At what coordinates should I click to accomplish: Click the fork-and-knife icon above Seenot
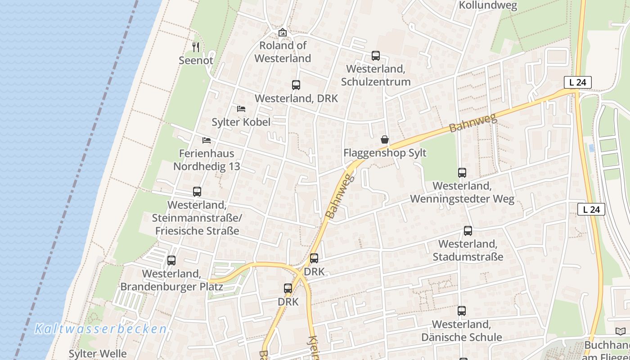pos(196,47)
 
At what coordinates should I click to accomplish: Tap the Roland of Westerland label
pos(283,52)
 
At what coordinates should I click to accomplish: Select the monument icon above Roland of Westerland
pos(283,32)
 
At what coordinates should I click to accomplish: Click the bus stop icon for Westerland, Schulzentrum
pos(376,56)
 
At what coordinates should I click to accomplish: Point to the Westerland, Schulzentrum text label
pos(376,75)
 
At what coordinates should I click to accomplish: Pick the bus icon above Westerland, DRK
pos(296,85)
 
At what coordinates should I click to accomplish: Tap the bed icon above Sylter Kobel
pos(241,109)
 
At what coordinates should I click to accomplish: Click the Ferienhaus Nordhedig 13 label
pos(207,160)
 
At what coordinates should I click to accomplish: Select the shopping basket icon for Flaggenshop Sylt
pos(385,139)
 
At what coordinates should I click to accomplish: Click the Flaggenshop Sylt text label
pos(385,153)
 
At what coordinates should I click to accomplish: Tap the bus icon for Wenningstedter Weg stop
pos(462,173)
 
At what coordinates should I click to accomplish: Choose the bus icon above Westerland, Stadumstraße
pos(468,231)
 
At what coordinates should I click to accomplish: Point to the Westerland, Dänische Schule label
pos(462,331)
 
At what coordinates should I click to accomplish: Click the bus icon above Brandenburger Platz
pos(171,261)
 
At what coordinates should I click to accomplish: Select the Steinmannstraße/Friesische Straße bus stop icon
pos(197,192)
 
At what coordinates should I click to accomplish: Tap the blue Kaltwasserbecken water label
pos(101,329)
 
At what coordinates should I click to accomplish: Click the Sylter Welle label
pos(97,354)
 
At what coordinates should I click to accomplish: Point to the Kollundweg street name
pos(488,5)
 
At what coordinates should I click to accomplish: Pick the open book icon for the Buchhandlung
pos(620,332)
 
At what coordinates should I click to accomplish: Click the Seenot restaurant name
pos(196,60)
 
